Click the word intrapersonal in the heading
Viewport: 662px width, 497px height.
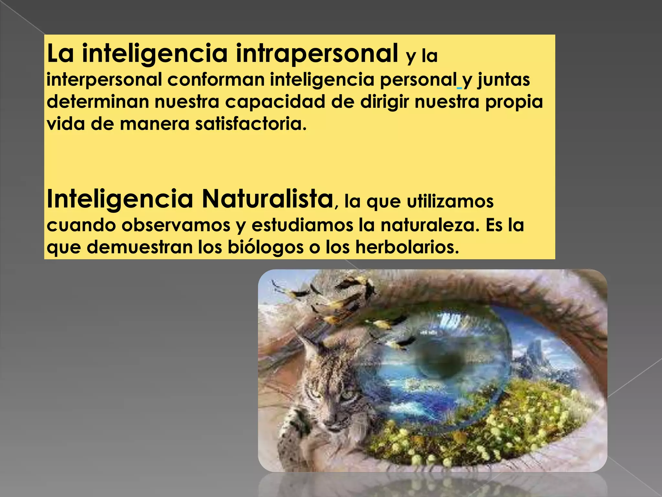click(x=317, y=54)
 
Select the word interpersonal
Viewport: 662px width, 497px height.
click(x=104, y=80)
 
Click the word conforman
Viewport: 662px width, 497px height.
click(x=216, y=80)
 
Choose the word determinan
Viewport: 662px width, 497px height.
click(x=98, y=102)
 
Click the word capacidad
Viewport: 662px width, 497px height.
click(x=275, y=102)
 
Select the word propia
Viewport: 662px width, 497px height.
click(x=514, y=102)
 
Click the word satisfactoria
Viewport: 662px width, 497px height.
click(x=251, y=124)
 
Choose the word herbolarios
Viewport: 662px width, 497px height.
click(x=407, y=247)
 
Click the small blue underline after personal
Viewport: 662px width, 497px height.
click(x=459, y=88)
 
